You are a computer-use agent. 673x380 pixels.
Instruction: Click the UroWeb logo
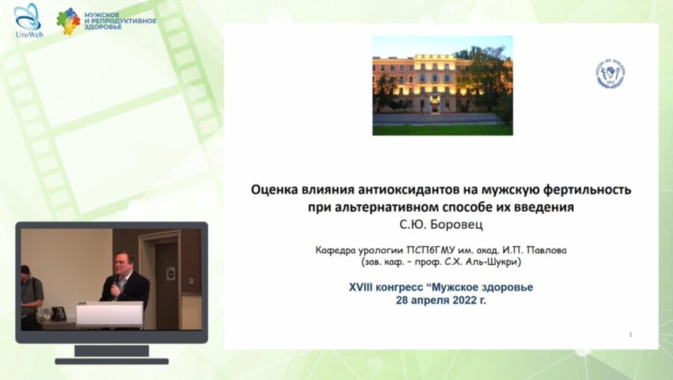[x=27, y=20]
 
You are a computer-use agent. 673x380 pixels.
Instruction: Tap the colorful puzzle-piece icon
[x=68, y=21]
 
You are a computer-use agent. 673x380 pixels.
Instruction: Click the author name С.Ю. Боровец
[x=441, y=224]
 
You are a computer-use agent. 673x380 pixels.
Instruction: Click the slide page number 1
[x=630, y=334]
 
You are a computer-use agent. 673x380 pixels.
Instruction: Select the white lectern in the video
[x=109, y=313]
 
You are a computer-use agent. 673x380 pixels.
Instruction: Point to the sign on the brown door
[x=170, y=275]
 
